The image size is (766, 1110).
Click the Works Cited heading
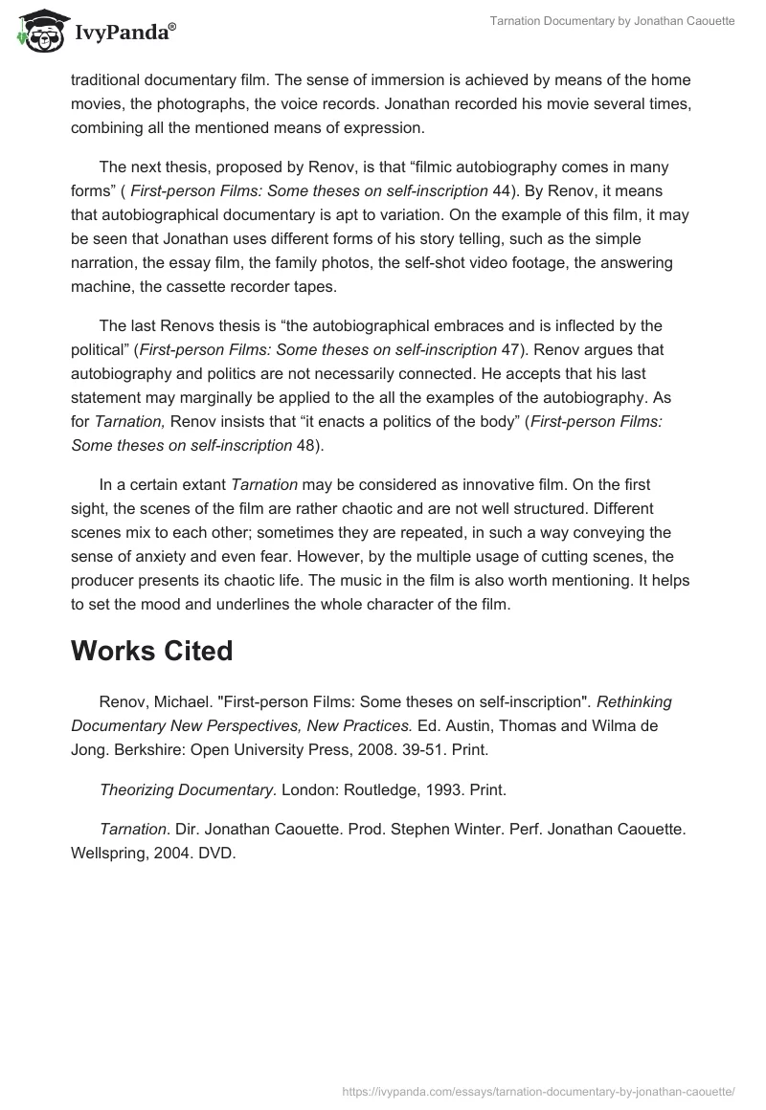point(151,651)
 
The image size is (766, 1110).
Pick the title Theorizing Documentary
point(187,789)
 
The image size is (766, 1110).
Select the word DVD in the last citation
point(216,853)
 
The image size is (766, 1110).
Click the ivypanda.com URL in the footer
point(538,1090)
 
